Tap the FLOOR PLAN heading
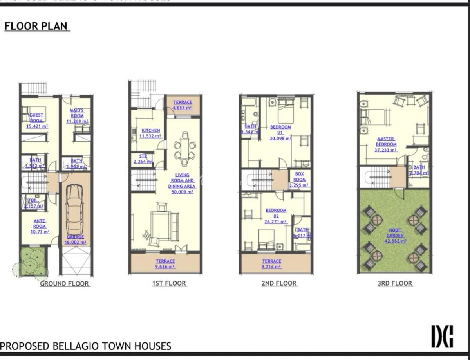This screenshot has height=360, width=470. click(x=37, y=27)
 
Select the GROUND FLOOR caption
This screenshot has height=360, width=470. click(x=65, y=284)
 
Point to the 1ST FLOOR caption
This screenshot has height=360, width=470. click(x=169, y=283)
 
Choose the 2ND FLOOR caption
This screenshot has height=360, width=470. click(x=279, y=283)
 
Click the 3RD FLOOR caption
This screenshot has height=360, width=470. click(x=395, y=283)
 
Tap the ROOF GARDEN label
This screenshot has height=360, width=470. click(x=395, y=233)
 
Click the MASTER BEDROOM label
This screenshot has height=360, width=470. click(x=386, y=142)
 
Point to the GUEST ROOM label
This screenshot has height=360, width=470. click(x=36, y=118)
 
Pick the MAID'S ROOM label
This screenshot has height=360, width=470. click(x=77, y=113)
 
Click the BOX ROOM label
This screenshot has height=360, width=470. click(x=300, y=177)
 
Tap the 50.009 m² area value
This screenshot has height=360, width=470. click(x=182, y=192)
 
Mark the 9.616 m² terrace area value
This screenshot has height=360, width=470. click(x=165, y=267)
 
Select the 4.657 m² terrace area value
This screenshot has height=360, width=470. click(x=183, y=108)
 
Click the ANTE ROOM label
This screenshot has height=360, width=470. click(x=40, y=223)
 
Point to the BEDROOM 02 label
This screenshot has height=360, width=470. click(x=276, y=213)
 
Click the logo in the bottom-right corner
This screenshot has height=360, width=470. click(x=442, y=337)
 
